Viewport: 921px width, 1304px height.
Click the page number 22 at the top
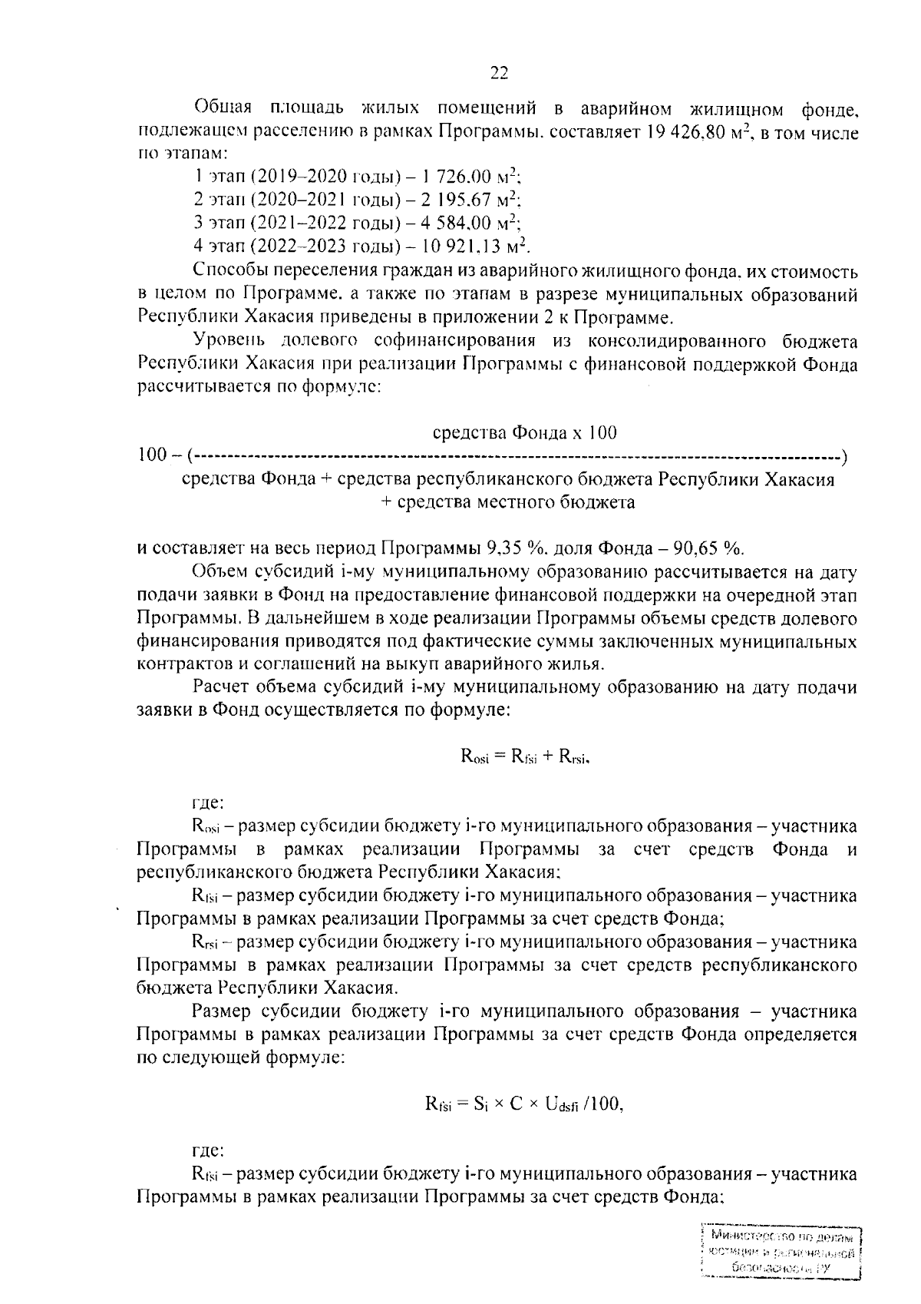tap(500, 73)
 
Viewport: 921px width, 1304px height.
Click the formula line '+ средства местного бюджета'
tap(508, 502)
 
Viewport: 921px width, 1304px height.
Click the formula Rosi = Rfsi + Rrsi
tap(525, 756)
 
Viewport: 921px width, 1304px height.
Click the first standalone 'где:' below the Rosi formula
tap(206, 803)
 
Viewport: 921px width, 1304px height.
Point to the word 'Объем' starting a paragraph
tap(217, 572)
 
